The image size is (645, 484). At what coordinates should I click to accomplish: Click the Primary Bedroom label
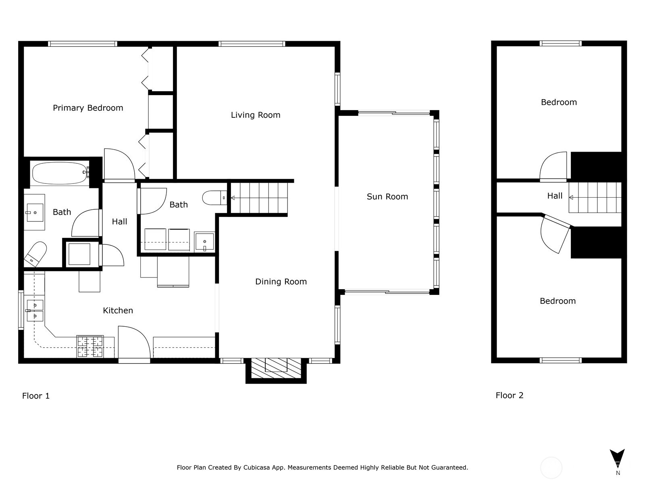[88, 108]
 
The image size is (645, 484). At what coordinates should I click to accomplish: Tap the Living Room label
[255, 115]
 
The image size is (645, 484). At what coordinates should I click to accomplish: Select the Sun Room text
[387, 196]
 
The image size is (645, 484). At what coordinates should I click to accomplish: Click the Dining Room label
[281, 282]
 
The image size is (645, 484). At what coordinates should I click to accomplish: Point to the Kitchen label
[118, 310]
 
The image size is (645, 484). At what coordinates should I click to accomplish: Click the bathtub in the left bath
[59, 173]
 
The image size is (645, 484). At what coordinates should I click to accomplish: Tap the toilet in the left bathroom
[35, 254]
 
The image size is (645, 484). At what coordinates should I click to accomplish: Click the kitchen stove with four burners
[90, 346]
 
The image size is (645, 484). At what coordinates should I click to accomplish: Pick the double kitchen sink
[35, 311]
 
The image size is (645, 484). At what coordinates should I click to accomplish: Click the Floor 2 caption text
[509, 395]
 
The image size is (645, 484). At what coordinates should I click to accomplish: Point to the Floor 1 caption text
[36, 396]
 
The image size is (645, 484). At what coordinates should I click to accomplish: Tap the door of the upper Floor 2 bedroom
[553, 166]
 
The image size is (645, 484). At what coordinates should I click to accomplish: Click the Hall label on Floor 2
[554, 196]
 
